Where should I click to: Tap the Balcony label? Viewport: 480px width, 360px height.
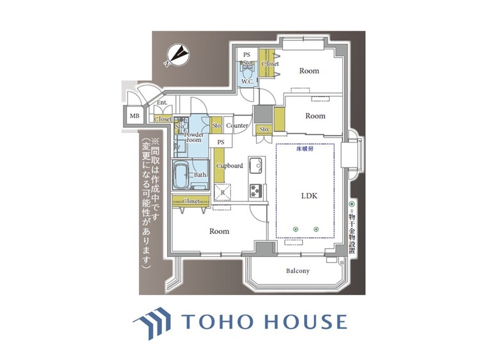click(x=296, y=271)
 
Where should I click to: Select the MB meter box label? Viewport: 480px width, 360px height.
click(x=134, y=116)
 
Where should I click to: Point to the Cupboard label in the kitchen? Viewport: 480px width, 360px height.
click(x=229, y=166)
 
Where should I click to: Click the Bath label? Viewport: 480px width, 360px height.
click(x=200, y=175)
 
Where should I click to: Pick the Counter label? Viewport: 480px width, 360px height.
click(x=237, y=126)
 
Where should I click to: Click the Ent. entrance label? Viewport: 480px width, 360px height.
click(x=161, y=103)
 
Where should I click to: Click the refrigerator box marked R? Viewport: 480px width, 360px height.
click(x=221, y=191)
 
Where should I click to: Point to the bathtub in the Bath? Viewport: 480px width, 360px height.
click(x=181, y=175)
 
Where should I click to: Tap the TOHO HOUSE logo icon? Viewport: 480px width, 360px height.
click(x=152, y=322)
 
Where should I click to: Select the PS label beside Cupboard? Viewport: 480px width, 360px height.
click(x=221, y=142)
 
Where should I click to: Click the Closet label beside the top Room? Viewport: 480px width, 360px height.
click(x=269, y=64)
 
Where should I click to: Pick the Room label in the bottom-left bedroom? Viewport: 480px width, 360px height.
click(x=219, y=231)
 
